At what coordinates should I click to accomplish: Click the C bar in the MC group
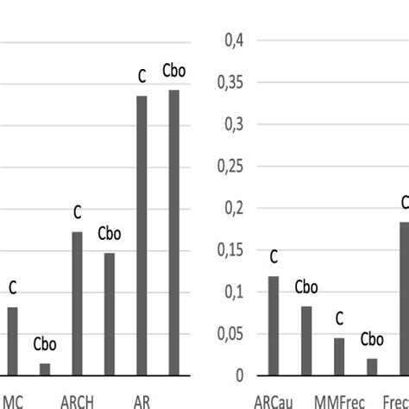click(x=13, y=342)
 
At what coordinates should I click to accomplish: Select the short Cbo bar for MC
click(x=45, y=369)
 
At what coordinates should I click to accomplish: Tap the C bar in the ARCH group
click(x=77, y=304)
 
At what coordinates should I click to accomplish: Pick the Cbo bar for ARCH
click(x=110, y=314)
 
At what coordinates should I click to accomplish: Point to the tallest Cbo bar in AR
click(x=174, y=233)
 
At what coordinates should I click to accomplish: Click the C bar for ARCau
click(x=274, y=326)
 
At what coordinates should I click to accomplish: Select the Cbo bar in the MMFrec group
click(x=372, y=367)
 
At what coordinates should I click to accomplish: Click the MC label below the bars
click(x=14, y=400)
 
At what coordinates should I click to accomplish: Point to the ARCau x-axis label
click(x=274, y=400)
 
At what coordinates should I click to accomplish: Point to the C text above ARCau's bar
click(x=274, y=257)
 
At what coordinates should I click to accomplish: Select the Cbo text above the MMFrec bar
click(x=372, y=340)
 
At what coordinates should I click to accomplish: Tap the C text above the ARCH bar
click(x=77, y=212)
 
